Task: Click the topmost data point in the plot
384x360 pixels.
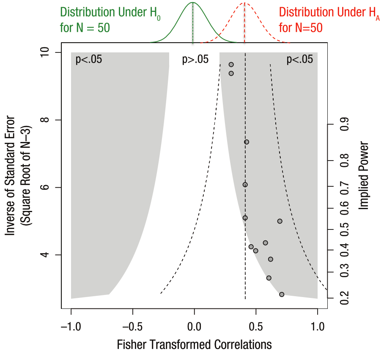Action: [x=231, y=65]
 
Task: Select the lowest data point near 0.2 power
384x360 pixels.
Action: [x=282, y=295]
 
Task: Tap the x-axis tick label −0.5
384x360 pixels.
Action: [x=132, y=326]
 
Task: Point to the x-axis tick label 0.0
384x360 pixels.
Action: [x=194, y=326]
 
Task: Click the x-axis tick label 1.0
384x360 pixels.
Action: [x=317, y=326]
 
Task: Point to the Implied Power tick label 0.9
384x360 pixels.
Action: [x=345, y=125]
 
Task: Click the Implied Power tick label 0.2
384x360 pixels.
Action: [x=345, y=298]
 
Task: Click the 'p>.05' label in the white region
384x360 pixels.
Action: [x=195, y=60]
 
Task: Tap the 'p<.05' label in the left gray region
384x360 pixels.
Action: [x=89, y=60]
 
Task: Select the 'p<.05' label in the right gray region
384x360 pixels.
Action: [x=300, y=60]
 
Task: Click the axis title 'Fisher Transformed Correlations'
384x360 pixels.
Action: [x=194, y=345]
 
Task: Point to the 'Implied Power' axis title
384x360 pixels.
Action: [x=364, y=175]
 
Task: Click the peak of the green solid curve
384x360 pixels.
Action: [x=193, y=3]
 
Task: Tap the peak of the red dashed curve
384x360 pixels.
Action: [x=244, y=3]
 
